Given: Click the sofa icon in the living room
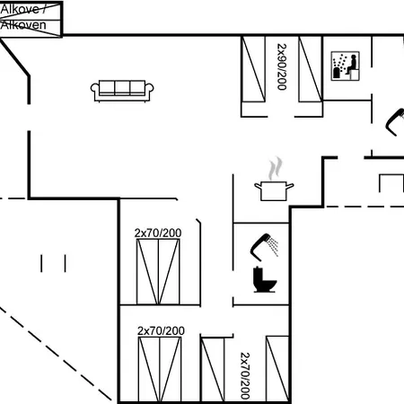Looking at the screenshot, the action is point(122,91).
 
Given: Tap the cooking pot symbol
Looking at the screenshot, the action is point(274,190).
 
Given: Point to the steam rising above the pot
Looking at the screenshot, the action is point(276,169).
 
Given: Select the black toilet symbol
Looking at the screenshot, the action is point(264,279).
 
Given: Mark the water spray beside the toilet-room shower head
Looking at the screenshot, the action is point(273,246).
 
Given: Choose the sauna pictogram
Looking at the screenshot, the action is point(345,66).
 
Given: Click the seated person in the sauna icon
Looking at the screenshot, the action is point(352,65).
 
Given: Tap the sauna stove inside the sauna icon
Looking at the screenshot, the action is point(337,73).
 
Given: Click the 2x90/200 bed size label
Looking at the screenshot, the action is point(282,66).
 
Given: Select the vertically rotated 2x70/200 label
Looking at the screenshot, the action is point(245,376).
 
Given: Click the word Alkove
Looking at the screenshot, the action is point(21,9).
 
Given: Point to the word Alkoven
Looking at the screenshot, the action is point(23,25).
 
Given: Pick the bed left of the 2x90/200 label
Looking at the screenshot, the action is point(253,69).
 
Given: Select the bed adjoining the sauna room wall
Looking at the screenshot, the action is point(311,69).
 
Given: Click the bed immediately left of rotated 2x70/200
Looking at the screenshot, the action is point(213,369).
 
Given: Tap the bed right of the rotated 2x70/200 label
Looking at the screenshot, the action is point(277,368).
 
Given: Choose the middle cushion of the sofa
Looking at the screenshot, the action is point(122,87).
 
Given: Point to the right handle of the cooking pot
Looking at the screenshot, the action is point(290,186).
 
